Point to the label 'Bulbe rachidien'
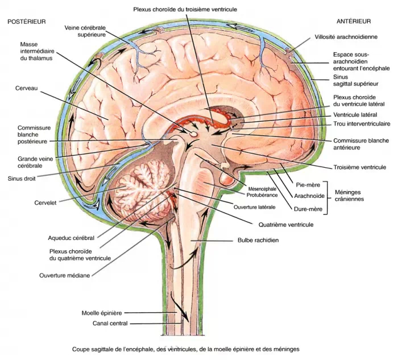258,241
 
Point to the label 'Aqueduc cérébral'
72,237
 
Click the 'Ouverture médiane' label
65,275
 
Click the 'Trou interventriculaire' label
361,123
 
